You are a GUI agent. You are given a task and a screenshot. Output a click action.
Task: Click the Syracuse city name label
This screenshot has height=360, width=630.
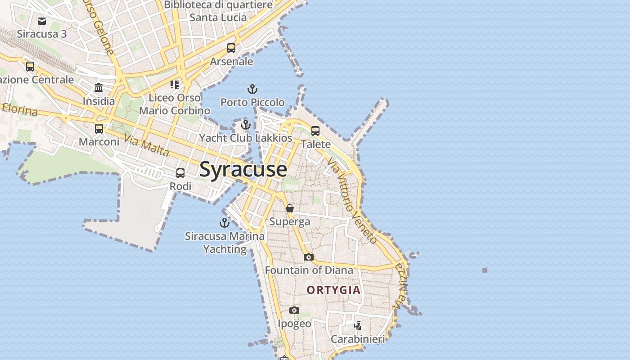pos(243,170)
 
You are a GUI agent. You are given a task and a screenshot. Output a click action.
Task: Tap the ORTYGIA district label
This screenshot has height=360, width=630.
pos(334,290)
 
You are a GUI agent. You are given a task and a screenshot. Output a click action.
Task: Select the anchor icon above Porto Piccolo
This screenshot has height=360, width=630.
pos(252,89)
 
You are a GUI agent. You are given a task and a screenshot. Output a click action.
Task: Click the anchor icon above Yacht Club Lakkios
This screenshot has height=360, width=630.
pos(246,125)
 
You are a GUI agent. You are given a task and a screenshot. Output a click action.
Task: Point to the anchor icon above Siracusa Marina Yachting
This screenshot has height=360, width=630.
pos(224,222)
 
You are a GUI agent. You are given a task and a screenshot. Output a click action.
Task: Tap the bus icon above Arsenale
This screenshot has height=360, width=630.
pos(231,48)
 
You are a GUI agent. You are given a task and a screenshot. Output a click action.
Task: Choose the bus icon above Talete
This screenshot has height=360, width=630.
pos(315,131)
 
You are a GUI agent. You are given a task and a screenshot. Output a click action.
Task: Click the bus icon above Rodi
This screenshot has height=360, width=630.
pos(180,173)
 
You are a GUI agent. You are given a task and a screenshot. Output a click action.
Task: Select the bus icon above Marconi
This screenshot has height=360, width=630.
pos(99,129)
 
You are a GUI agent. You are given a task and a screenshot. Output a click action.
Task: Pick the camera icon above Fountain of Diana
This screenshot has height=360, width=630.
pos(309,257)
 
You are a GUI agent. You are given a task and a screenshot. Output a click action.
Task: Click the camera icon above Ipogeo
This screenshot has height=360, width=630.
pos(294,310)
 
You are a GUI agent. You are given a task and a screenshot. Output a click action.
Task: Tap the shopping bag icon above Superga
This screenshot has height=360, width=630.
pos(290,208)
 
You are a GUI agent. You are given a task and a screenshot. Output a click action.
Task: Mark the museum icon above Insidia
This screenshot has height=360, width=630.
pos(99,88)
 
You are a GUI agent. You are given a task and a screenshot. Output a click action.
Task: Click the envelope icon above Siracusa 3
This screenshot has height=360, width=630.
pos(42,21)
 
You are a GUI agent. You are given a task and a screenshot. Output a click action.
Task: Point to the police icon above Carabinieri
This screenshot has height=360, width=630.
pos(358,325)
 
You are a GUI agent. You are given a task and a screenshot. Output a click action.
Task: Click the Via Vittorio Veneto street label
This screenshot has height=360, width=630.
pos(353,200)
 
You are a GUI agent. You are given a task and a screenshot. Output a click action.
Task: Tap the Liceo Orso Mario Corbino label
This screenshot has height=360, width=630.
pos(175,104)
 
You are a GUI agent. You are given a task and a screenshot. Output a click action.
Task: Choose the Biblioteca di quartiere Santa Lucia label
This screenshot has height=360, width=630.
pos(218,11)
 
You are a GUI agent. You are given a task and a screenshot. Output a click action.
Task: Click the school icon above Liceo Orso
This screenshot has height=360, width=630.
pos(175,84)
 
